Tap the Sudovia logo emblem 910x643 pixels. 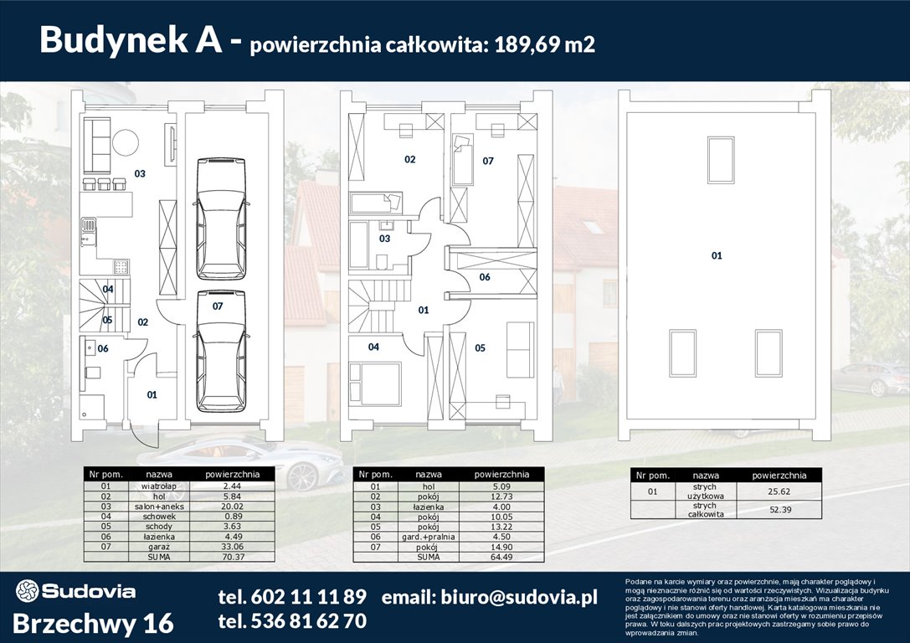(27, 591)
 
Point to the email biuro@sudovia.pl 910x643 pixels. (489, 597)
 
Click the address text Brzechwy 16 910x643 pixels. (94, 623)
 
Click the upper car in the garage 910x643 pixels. (221, 218)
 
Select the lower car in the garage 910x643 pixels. (221, 350)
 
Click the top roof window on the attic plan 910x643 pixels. (720, 160)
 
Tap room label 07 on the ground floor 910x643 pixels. (218, 306)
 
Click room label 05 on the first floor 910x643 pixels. (480, 347)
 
